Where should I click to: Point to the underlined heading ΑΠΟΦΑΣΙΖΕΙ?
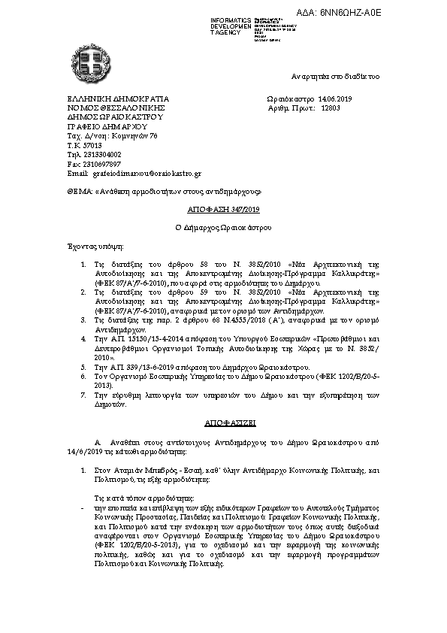click(223, 423)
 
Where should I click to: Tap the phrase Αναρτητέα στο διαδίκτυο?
click(336, 77)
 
